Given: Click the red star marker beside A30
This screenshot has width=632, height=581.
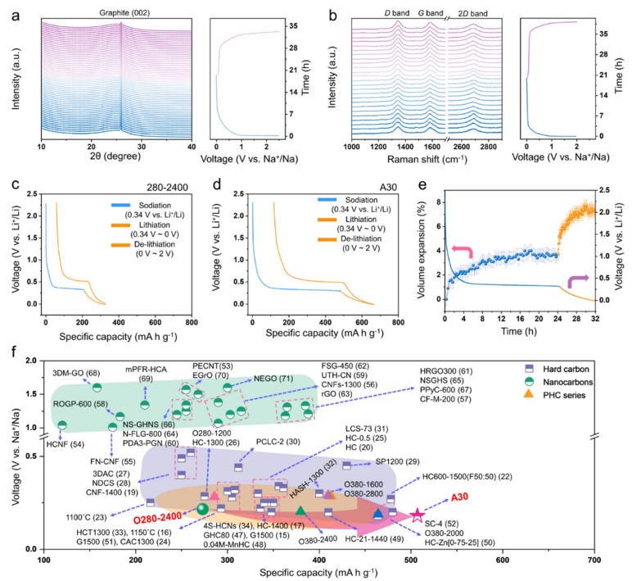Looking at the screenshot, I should click(x=417, y=514).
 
